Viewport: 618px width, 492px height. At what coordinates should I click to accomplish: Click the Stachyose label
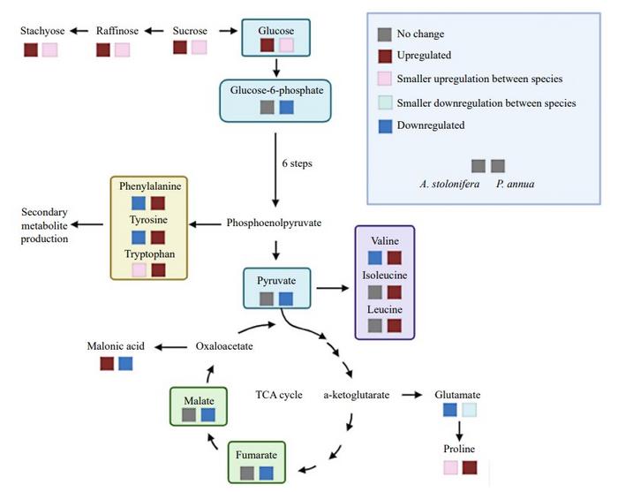tap(41, 31)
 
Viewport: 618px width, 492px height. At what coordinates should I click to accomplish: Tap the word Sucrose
tap(191, 31)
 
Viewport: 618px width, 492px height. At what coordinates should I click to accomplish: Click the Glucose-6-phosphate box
tap(275, 97)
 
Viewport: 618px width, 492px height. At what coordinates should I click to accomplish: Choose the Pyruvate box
tap(275, 288)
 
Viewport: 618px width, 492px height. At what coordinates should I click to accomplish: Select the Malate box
tap(199, 405)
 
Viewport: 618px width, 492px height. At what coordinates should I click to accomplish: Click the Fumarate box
tap(256, 462)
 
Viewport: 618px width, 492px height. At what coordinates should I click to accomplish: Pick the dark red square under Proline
tap(471, 467)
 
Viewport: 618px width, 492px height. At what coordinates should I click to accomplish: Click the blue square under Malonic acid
tap(125, 364)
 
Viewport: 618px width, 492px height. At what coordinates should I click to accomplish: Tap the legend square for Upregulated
tap(384, 57)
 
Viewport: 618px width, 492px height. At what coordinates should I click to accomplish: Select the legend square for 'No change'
tap(384, 34)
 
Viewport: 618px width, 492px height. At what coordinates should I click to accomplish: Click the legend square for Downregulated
tap(384, 125)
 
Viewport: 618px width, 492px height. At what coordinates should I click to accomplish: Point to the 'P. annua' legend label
tap(510, 184)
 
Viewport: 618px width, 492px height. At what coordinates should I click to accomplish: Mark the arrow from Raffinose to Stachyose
tap(78, 31)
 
